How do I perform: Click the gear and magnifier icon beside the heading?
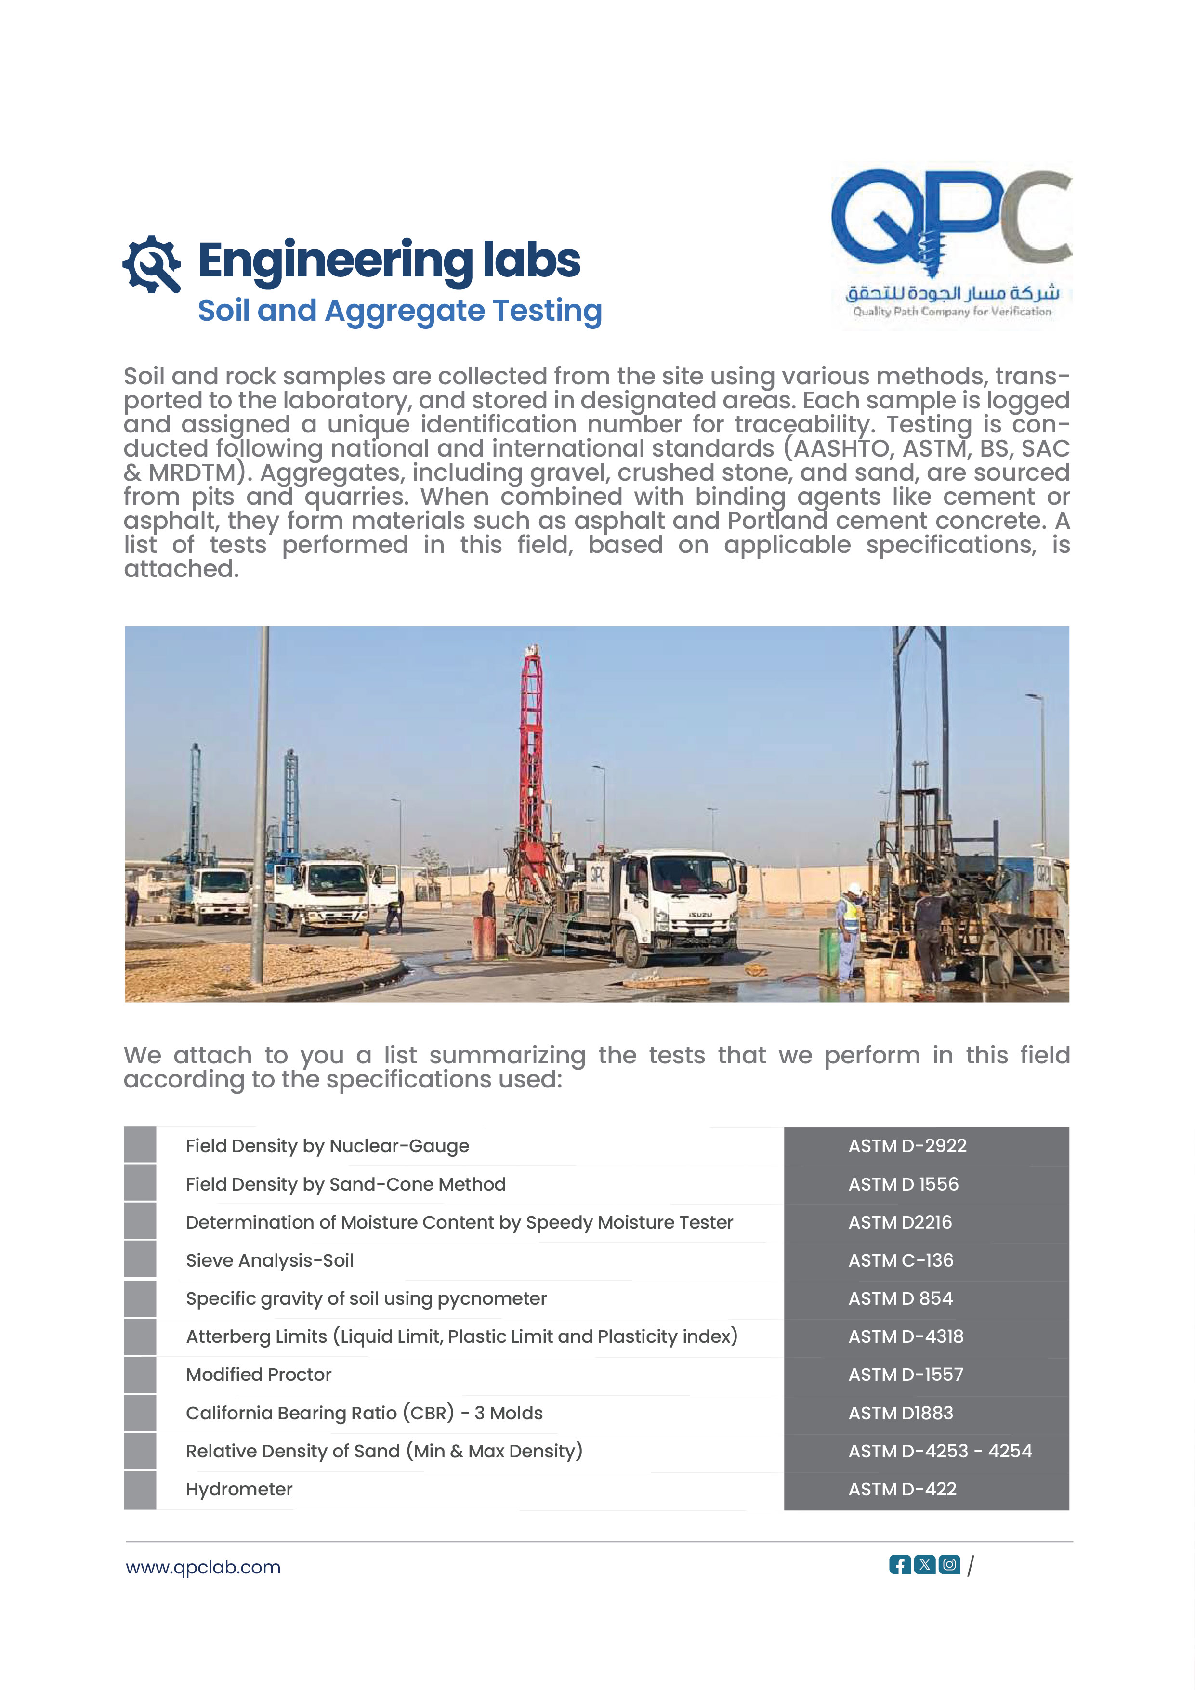152,263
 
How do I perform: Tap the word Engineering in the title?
336,262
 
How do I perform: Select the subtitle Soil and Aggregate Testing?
400,311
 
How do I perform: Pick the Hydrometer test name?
239,1489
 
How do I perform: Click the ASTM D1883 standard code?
901,1413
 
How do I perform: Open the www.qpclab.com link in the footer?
203,1567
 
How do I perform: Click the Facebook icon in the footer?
900,1564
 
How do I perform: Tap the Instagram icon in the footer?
950,1564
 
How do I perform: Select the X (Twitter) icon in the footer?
925,1564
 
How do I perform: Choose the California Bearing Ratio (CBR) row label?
364,1413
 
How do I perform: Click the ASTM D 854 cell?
901,1298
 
